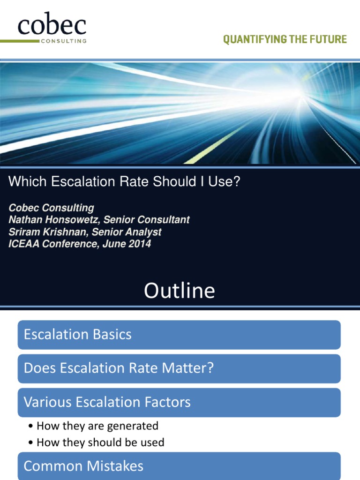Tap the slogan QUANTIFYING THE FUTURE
pyautogui.click(x=285, y=40)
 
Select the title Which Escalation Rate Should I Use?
pyautogui.click(x=124, y=182)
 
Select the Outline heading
pyautogui.click(x=180, y=291)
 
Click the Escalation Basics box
pyautogui.click(x=179, y=335)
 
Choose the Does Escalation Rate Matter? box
pyautogui.click(x=179, y=368)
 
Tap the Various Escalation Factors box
pyautogui.click(x=179, y=402)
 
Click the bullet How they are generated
pyautogui.click(x=97, y=426)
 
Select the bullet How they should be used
pyautogui.click(x=100, y=442)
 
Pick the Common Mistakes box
pyautogui.click(x=179, y=466)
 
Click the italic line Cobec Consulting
pyautogui.click(x=51, y=208)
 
